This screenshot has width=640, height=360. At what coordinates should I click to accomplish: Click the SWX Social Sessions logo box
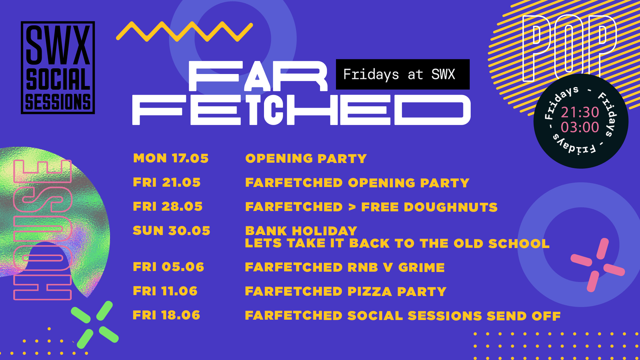[58, 68]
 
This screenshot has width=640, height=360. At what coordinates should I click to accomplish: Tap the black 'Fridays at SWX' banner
[403, 74]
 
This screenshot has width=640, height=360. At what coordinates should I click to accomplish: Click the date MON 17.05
[171, 158]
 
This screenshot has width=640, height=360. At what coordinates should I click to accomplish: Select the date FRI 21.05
[167, 182]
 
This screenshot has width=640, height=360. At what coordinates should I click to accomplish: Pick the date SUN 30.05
[171, 231]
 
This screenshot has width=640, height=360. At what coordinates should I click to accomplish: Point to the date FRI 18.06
[166, 315]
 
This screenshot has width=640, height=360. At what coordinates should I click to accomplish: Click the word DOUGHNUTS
[451, 207]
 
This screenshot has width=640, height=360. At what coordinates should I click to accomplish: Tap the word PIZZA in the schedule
[370, 291]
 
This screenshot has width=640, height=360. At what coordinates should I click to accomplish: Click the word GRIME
[421, 267]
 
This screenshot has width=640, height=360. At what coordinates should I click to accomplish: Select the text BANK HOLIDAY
[301, 231]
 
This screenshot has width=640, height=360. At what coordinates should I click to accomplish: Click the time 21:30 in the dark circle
[580, 112]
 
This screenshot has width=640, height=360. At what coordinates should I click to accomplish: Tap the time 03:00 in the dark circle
[580, 127]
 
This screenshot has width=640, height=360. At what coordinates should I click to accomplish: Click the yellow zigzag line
[184, 32]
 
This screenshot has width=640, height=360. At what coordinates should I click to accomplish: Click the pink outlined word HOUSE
[42, 230]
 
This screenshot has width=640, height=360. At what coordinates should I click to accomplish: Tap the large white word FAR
[258, 76]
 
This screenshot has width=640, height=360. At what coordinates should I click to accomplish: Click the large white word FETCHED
[301, 110]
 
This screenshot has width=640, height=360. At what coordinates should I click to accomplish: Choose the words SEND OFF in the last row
[524, 316]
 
